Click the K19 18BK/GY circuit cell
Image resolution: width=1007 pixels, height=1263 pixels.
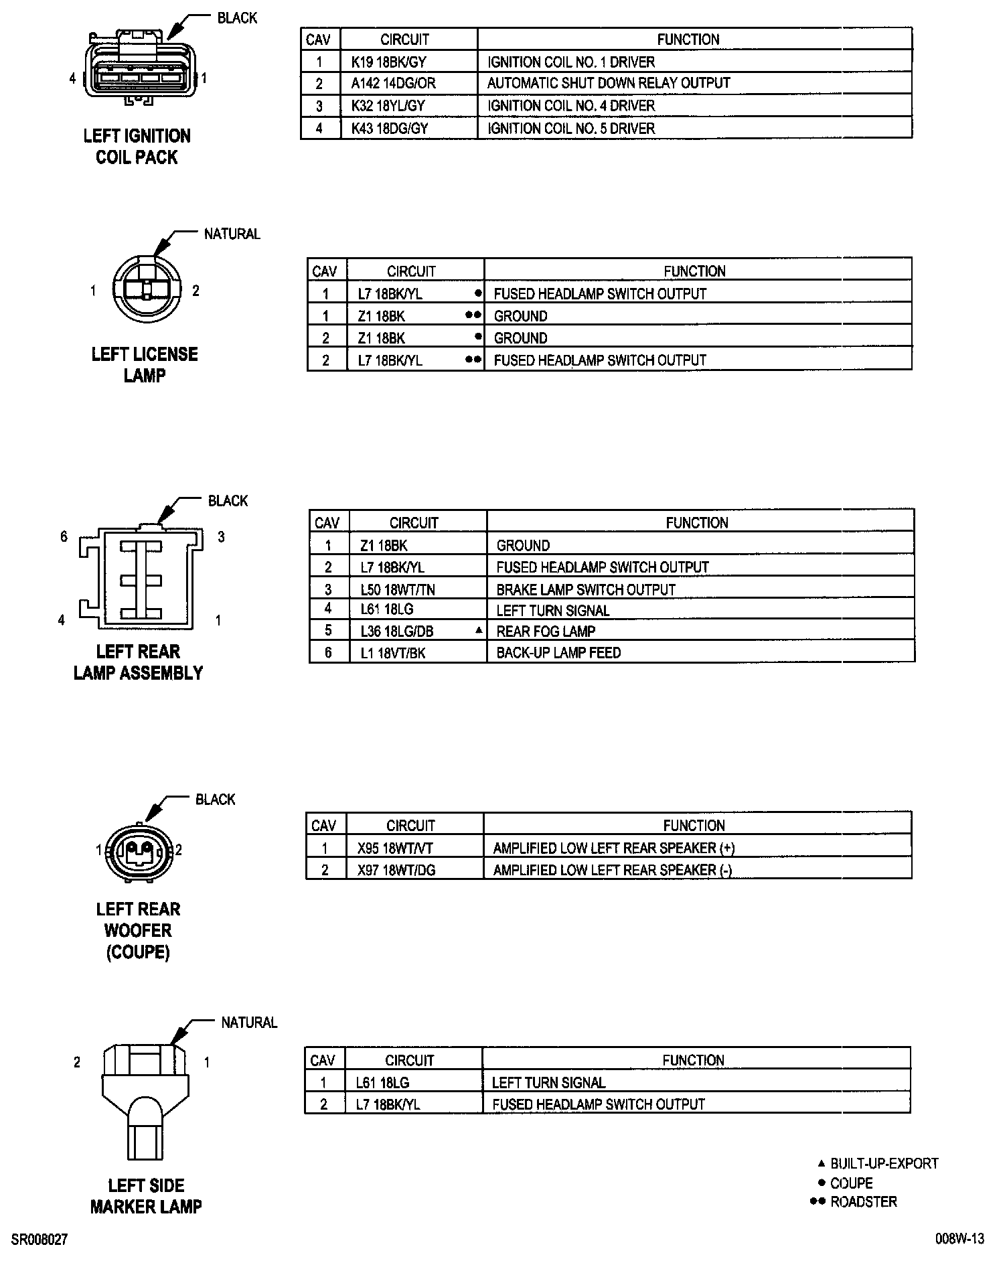(x=389, y=62)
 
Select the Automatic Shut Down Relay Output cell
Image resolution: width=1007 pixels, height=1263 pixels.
(x=609, y=83)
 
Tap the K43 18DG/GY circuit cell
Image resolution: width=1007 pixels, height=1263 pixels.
(x=390, y=128)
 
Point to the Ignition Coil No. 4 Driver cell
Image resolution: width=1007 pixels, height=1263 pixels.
(x=571, y=106)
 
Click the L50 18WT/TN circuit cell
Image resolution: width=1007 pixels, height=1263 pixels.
(x=398, y=590)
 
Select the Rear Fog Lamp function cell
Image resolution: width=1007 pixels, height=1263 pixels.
(x=546, y=631)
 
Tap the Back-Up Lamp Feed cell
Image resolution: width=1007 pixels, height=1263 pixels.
(x=558, y=653)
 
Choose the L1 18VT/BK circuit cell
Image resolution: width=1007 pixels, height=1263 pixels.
(x=393, y=653)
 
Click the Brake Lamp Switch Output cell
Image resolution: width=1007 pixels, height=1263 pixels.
(x=586, y=590)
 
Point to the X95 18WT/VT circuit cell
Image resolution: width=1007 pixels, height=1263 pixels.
(x=395, y=848)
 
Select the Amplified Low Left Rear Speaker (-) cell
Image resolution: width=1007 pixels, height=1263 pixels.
(x=612, y=870)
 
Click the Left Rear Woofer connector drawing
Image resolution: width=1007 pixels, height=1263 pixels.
(x=139, y=851)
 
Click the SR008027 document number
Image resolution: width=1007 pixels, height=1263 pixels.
(x=40, y=1240)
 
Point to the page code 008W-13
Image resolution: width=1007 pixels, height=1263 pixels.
(x=959, y=1239)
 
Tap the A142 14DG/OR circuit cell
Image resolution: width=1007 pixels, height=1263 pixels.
(x=393, y=83)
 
